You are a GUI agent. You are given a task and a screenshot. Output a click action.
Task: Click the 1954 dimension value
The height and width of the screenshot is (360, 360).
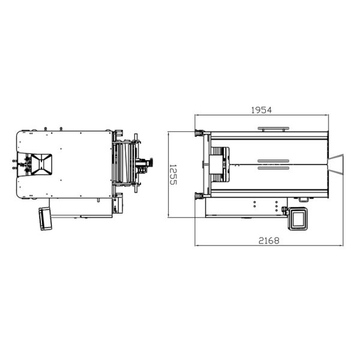tap(261, 110)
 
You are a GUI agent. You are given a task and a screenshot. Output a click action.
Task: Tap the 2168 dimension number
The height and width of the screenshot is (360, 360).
tap(269, 241)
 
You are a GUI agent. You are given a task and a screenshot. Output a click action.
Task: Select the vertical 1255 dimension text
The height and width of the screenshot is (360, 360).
tap(173, 175)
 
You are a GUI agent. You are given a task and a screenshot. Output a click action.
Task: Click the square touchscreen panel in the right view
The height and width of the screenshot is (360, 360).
tap(298, 218)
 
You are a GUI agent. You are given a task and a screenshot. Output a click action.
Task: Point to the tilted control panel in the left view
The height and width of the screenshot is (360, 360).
tap(45, 218)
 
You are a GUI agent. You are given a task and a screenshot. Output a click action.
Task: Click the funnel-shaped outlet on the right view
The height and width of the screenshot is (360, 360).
tap(335, 164)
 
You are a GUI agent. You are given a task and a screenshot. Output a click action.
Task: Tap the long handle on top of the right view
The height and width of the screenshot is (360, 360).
tap(273, 129)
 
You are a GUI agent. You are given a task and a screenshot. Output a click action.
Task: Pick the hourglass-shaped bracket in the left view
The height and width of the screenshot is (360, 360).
tap(41, 164)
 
